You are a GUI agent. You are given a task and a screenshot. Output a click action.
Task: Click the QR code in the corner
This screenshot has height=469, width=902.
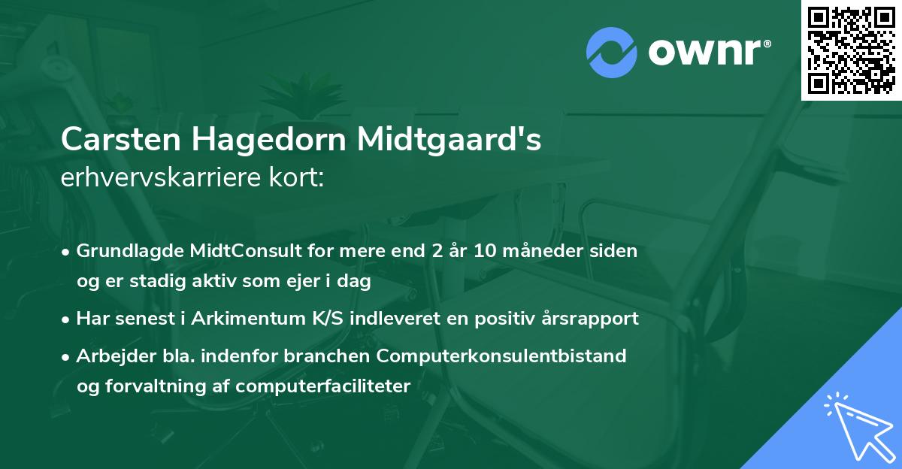[852, 50]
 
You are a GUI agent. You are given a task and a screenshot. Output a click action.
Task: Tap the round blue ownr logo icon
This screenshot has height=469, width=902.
[611, 52]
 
